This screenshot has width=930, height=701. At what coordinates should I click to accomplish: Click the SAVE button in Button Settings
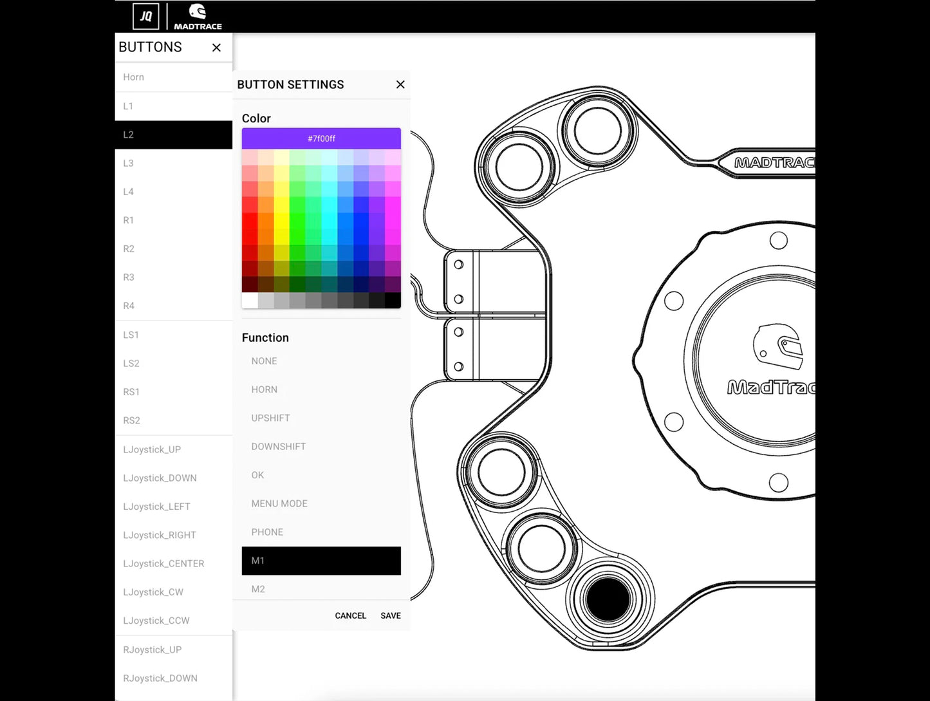390,615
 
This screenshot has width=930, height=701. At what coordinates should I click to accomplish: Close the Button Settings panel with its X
400,84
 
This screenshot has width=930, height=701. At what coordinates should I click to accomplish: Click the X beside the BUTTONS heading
216,48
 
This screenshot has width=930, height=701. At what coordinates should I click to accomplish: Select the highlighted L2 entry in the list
173,135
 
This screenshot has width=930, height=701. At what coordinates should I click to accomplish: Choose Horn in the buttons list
134,77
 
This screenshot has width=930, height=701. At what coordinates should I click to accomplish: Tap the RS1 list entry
131,391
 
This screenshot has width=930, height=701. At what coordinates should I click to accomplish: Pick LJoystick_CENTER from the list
163,563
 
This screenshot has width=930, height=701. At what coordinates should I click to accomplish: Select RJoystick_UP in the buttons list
153,650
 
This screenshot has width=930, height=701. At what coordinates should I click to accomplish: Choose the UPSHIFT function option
270,418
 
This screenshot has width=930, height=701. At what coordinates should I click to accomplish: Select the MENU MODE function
279,503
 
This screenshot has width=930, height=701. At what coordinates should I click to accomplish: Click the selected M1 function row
321,561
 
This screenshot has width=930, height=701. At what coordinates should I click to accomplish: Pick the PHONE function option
267,532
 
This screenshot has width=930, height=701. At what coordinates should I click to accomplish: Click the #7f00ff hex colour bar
321,138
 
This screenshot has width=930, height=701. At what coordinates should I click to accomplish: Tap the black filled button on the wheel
608,599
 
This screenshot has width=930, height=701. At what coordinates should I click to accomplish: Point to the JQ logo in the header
146,16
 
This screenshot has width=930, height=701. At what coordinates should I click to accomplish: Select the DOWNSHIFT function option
278,446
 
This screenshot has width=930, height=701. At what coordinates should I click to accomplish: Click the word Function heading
265,337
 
